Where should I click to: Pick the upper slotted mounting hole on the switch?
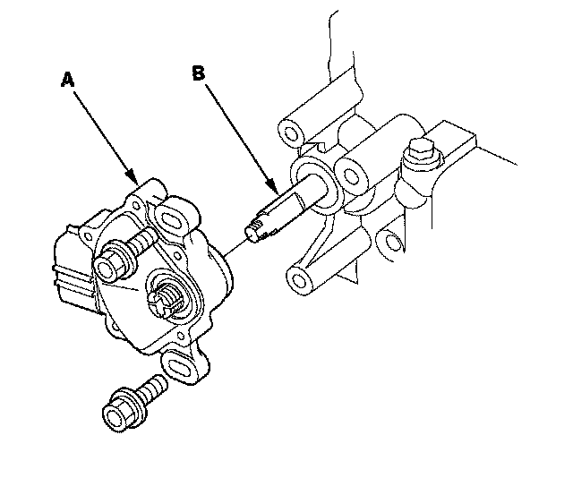169,218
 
